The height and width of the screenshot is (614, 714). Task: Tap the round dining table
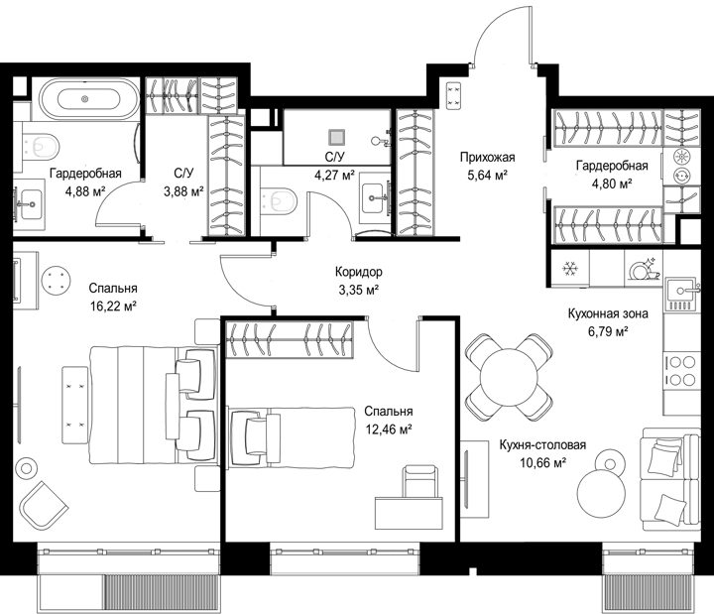(x=509, y=377)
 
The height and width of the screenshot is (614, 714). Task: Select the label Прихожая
(x=487, y=157)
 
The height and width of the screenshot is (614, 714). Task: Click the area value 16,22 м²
(x=113, y=306)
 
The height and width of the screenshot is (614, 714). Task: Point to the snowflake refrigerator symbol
(x=569, y=268)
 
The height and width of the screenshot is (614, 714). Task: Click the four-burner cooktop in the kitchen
(x=681, y=371)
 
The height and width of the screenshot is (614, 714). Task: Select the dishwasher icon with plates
(x=644, y=269)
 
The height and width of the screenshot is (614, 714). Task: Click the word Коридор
(x=359, y=272)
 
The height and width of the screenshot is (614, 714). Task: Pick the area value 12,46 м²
(x=389, y=430)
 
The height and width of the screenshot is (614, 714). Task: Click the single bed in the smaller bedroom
(x=292, y=437)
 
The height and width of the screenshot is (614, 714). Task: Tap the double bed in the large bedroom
(x=153, y=405)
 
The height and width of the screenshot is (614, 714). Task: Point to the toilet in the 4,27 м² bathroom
(x=279, y=200)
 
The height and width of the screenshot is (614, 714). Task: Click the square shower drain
(x=336, y=137)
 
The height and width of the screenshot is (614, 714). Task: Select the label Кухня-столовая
(x=542, y=444)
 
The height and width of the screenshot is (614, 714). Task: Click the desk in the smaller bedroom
(x=409, y=513)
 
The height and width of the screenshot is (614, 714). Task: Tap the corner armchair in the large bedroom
(x=43, y=505)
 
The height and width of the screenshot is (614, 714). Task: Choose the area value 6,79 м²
(x=608, y=331)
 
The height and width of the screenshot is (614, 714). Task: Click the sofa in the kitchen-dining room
(x=669, y=479)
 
